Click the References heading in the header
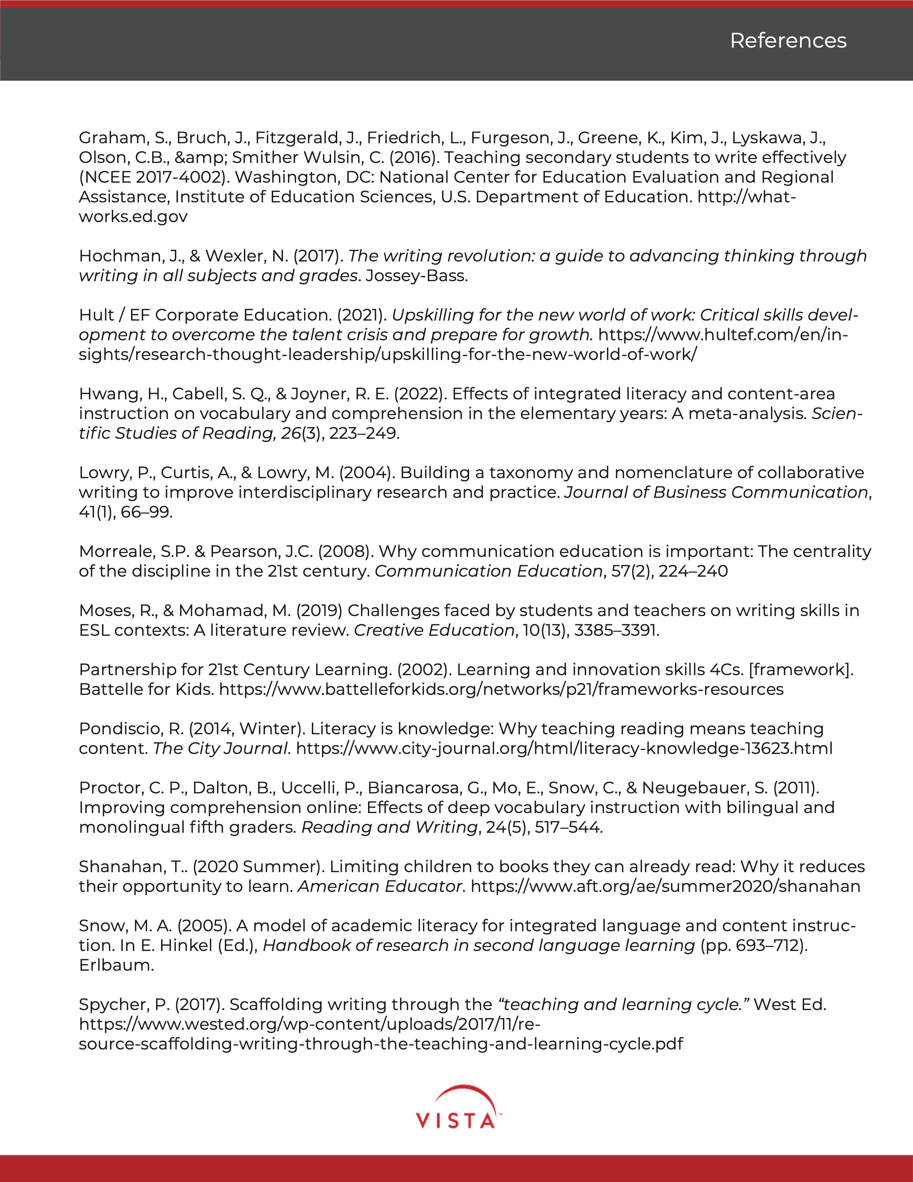(788, 40)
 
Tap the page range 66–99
(146, 512)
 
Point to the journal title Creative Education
(434, 630)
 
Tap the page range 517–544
(568, 827)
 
